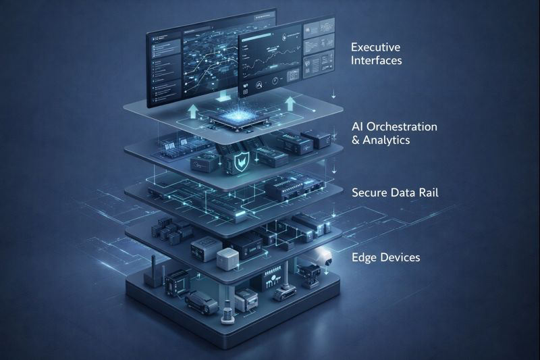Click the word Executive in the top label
(x=376, y=47)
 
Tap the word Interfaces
(x=377, y=61)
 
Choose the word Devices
(x=401, y=257)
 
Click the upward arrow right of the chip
(x=290, y=103)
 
